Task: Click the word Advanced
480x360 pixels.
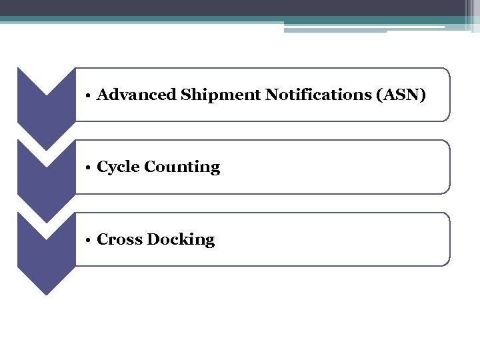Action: click(136, 95)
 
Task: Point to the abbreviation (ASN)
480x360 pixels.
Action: click(401, 95)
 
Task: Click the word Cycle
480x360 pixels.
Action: click(117, 167)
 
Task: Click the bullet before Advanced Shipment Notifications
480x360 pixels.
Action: click(88, 95)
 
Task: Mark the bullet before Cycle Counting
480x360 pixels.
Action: click(88, 167)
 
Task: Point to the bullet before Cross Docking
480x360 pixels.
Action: click(88, 240)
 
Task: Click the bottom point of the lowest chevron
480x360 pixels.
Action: click(46, 293)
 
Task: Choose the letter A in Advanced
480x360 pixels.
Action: click(103, 95)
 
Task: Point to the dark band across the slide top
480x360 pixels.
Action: click(240, 8)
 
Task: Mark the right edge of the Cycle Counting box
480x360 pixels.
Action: click(450, 167)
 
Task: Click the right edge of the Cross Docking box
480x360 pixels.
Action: click(450, 239)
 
